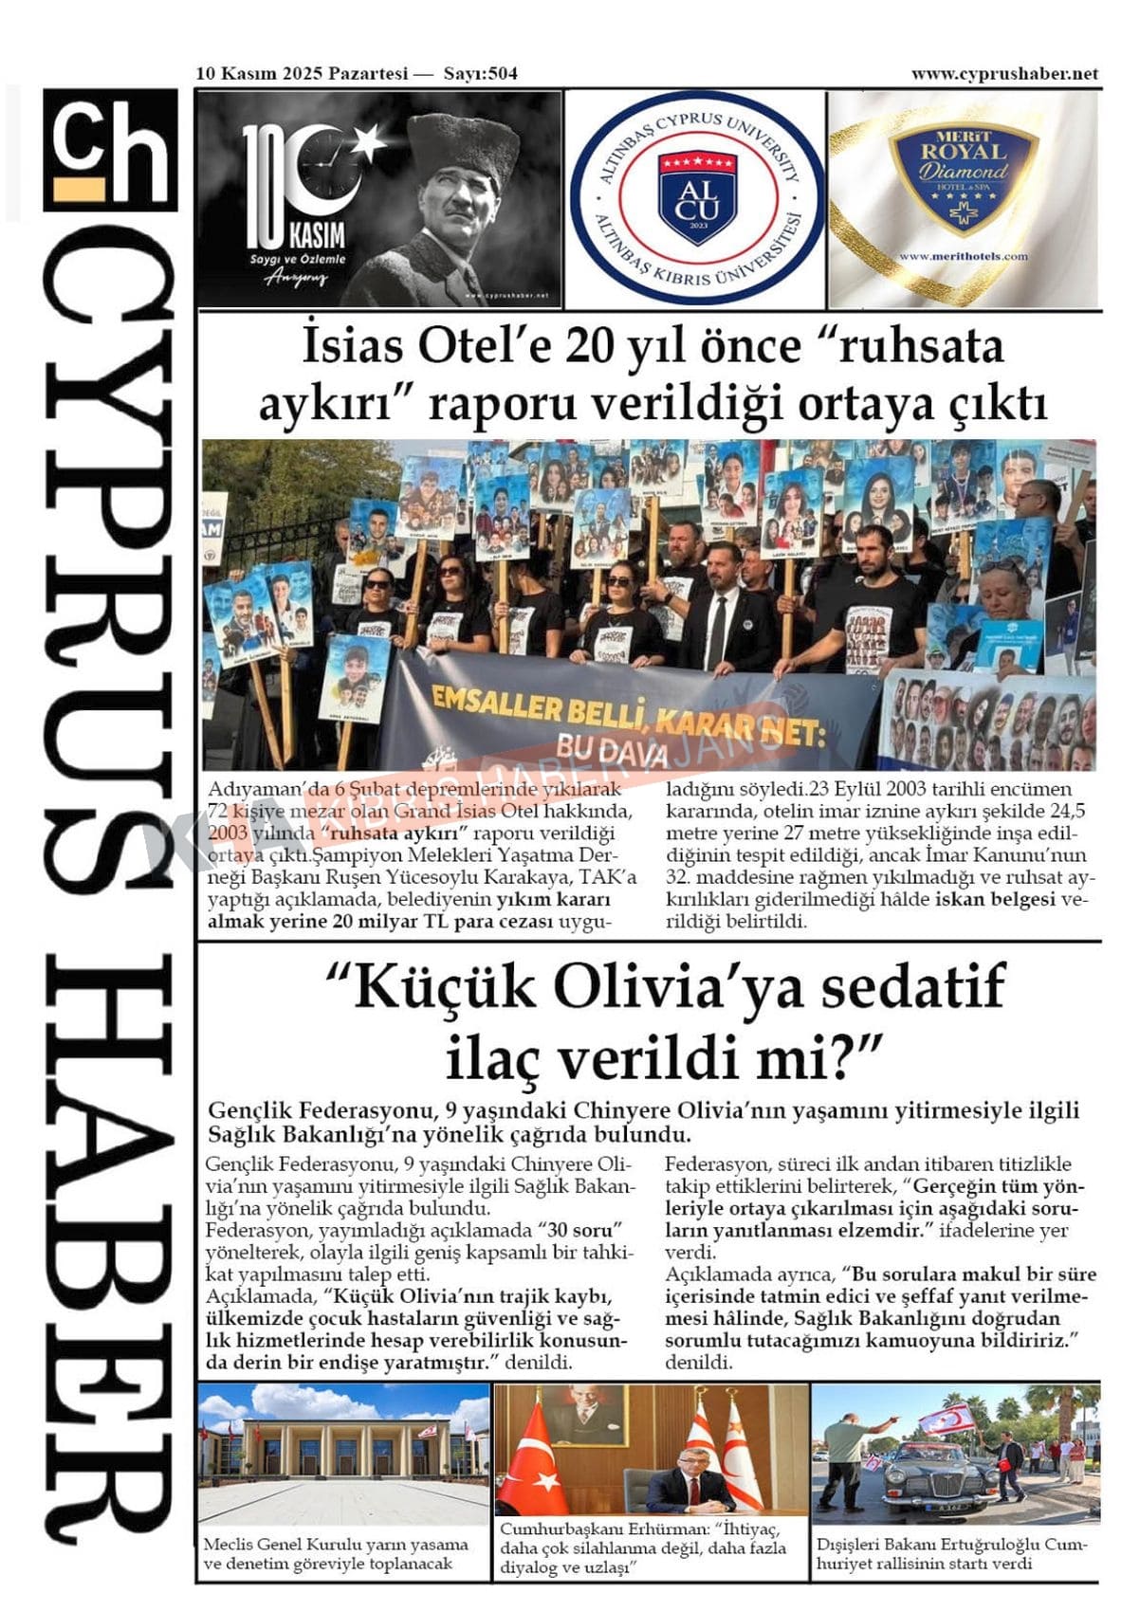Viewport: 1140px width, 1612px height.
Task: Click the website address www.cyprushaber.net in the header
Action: pos(1003,74)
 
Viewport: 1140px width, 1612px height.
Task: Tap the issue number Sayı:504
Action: pos(481,74)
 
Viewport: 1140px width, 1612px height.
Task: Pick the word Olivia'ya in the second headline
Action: pos(680,986)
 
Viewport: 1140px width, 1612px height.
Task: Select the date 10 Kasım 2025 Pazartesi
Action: pos(302,74)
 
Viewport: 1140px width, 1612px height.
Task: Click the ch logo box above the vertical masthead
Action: pos(110,149)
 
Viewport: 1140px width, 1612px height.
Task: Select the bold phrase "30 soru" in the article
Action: pos(580,1231)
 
